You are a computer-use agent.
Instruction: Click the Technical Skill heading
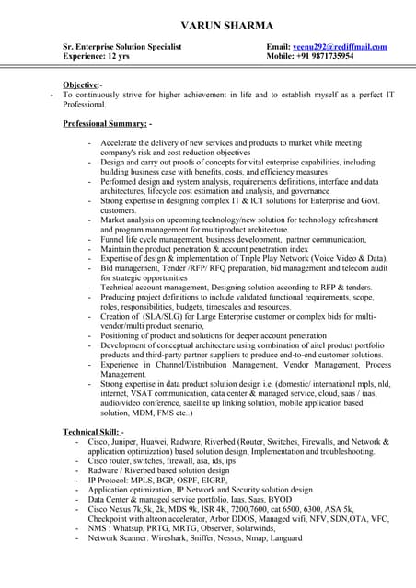(x=92, y=431)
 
